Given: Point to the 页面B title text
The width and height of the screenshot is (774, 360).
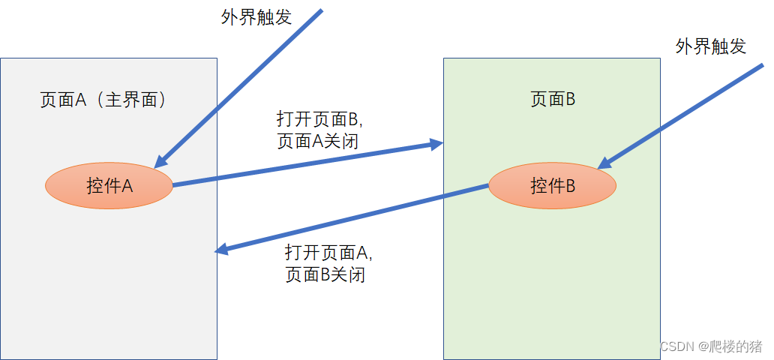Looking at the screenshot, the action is [553, 100].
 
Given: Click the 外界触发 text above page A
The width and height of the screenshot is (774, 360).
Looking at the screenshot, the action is [256, 17].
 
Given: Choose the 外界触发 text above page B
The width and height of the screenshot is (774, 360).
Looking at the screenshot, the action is [710, 46].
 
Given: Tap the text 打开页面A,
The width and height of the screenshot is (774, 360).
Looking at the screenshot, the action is [328, 252].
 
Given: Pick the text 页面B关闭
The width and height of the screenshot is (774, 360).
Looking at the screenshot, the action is [325, 274].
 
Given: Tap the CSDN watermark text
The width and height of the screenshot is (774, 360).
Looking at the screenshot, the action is [676, 346].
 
